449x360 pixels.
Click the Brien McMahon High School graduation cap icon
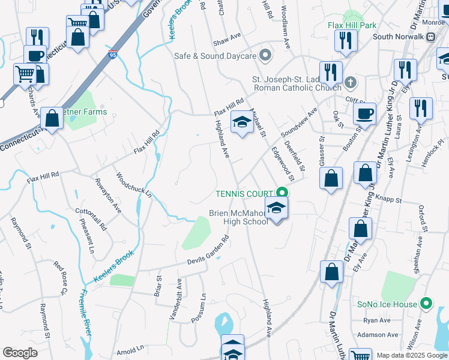(276, 208)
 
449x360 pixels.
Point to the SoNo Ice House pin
(426, 304)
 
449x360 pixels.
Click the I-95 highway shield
(113, 55)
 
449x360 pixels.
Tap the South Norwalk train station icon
(430, 36)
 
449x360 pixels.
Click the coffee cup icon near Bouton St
(364, 113)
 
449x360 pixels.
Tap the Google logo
(20, 353)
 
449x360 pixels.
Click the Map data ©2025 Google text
(411, 355)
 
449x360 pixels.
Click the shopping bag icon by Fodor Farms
(52, 119)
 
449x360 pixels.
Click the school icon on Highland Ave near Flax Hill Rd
(241, 123)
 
